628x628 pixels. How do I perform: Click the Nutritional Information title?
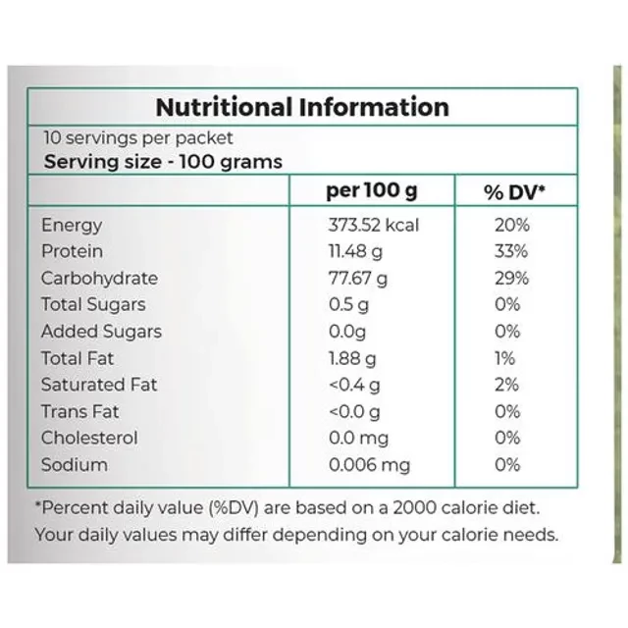[x=302, y=107]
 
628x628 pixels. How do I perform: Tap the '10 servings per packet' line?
[x=137, y=138]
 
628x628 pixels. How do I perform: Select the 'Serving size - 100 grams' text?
[x=163, y=162]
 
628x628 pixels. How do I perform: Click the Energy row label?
[x=72, y=226]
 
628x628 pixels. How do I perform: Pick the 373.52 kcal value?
[x=373, y=226]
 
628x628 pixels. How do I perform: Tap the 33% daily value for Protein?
[x=511, y=252]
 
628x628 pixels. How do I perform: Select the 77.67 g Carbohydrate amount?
[x=357, y=279]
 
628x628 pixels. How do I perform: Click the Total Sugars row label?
[x=93, y=305]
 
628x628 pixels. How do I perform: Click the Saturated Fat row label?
[x=98, y=385]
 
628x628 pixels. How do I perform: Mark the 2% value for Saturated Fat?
[x=508, y=385]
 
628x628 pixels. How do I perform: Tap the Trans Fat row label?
[x=80, y=411]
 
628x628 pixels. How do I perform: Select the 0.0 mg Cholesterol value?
[x=358, y=438]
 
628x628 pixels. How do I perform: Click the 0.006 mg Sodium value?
[x=369, y=464]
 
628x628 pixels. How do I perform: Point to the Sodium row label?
[x=75, y=464]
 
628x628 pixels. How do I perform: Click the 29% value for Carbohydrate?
[x=511, y=279]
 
